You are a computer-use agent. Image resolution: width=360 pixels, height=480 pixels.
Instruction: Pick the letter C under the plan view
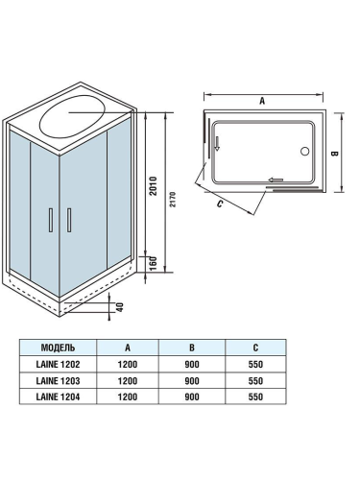(x=221, y=203)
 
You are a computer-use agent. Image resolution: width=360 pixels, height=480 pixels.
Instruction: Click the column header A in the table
(x=128, y=348)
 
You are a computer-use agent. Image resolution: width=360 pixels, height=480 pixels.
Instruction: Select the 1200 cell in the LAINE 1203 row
(x=128, y=381)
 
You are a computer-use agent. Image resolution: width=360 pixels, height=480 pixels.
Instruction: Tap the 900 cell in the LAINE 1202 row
(x=193, y=365)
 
